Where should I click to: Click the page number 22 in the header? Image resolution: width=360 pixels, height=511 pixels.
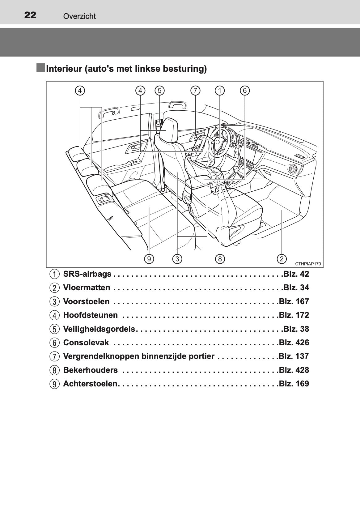pyautogui.click(x=30, y=15)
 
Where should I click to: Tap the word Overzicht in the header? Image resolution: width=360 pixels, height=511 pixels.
pyautogui.click(x=79, y=16)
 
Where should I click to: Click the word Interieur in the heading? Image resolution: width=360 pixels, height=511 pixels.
pyautogui.click(x=64, y=69)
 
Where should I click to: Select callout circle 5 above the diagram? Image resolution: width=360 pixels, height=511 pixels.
pyautogui.click(x=159, y=91)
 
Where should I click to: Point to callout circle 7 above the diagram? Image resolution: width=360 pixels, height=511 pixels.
pyautogui.click(x=195, y=91)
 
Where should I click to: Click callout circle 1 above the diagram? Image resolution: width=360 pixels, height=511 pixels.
pyautogui.click(x=220, y=91)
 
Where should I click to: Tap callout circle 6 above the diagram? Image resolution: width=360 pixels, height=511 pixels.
pyautogui.click(x=245, y=91)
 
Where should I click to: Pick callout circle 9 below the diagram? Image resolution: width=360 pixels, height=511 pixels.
pyautogui.click(x=149, y=259)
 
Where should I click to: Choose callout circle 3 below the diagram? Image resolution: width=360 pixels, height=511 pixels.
pyautogui.click(x=177, y=259)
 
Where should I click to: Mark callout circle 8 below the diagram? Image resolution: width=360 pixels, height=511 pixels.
pyautogui.click(x=220, y=259)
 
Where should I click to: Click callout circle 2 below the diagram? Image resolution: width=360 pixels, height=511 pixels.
pyautogui.click(x=282, y=259)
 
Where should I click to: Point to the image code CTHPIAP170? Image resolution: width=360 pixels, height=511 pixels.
pyautogui.click(x=308, y=264)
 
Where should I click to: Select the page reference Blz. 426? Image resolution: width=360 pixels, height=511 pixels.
pyautogui.click(x=294, y=343)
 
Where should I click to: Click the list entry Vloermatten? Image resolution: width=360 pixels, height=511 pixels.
pyautogui.click(x=87, y=288)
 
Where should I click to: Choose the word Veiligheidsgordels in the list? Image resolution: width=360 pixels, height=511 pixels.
pyautogui.click(x=99, y=329)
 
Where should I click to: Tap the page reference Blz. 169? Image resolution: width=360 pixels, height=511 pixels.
pyautogui.click(x=294, y=384)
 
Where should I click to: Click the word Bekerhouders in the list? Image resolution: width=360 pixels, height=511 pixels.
pyautogui.click(x=90, y=370)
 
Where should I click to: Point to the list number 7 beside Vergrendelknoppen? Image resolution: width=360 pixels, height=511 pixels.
pyautogui.click(x=54, y=357)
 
